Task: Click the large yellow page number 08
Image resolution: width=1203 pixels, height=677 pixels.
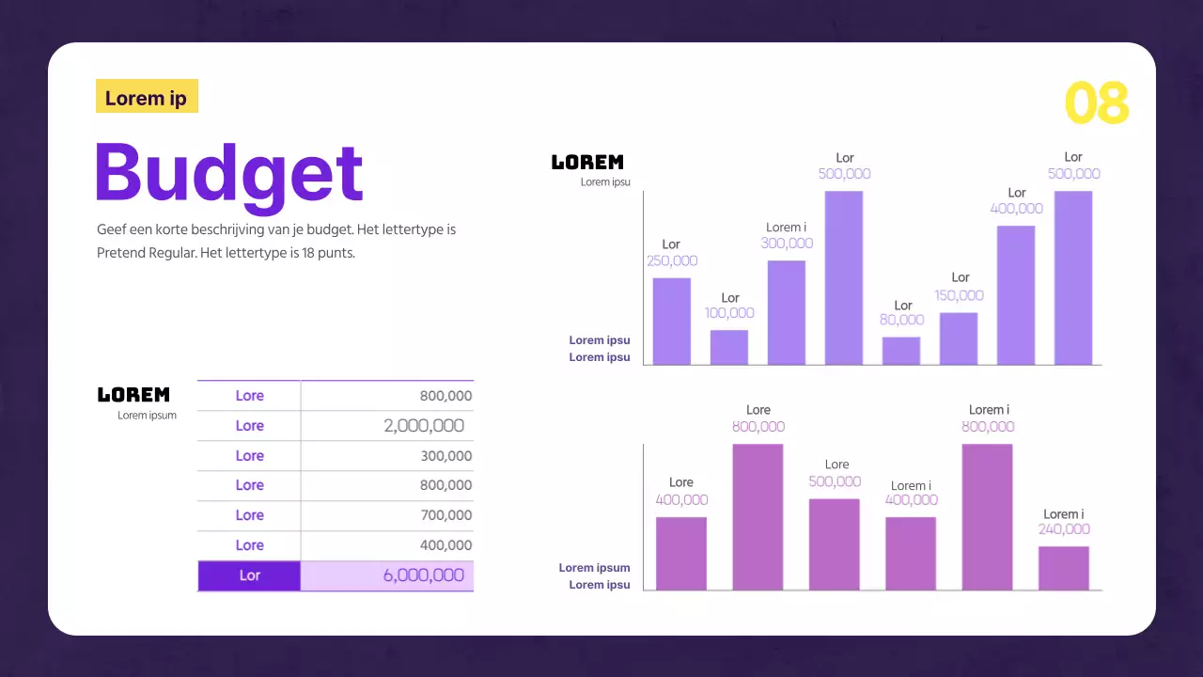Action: pyautogui.click(x=1096, y=103)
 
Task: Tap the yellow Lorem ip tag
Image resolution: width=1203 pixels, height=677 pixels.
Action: pyautogui.click(x=147, y=97)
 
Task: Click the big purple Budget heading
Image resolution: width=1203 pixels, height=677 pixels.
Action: pyautogui.click(x=229, y=174)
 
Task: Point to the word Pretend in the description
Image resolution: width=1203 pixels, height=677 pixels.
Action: pyautogui.click(x=120, y=253)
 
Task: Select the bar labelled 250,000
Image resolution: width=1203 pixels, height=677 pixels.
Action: pyautogui.click(x=671, y=322)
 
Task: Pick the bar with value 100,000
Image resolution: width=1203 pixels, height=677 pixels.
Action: pyautogui.click(x=728, y=347)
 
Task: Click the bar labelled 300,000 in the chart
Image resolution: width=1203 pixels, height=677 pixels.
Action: pyautogui.click(x=786, y=312)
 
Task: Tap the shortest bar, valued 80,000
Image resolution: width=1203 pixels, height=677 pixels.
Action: pyautogui.click(x=900, y=351)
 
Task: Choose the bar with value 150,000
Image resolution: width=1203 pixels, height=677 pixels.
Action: pyautogui.click(x=958, y=338)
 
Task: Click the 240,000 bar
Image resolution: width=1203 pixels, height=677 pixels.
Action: pyautogui.click(x=1063, y=568)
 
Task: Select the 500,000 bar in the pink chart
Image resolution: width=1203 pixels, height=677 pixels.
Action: pyautogui.click(x=834, y=544)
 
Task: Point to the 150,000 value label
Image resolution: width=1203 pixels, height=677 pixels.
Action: pyautogui.click(x=959, y=295)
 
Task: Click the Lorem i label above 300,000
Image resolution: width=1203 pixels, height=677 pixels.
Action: pyautogui.click(x=785, y=227)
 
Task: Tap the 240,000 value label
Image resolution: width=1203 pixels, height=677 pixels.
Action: pyautogui.click(x=1064, y=529)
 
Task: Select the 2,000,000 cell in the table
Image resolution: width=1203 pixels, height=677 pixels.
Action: pyautogui.click(x=424, y=426)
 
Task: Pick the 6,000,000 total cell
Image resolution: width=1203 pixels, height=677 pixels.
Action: pyautogui.click(x=423, y=575)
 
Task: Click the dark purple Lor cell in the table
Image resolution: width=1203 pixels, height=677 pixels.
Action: pyautogui.click(x=249, y=575)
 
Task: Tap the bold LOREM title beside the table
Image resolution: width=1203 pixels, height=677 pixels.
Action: pyautogui.click(x=133, y=395)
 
